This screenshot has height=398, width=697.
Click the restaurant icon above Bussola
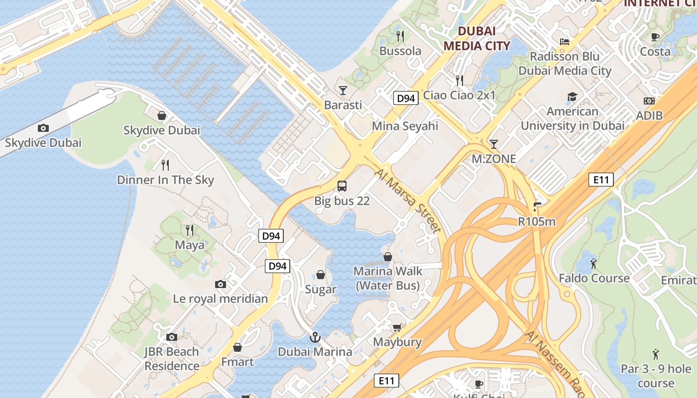click(x=400, y=36)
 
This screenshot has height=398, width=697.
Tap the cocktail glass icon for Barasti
click(x=343, y=90)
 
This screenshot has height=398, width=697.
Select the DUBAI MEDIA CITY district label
click(x=476, y=38)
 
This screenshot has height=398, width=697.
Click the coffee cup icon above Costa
click(x=655, y=37)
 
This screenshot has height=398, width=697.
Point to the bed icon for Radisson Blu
click(x=565, y=41)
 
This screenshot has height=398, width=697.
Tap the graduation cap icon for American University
click(x=572, y=97)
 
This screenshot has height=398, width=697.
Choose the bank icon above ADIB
click(x=649, y=101)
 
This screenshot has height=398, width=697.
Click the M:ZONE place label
click(x=493, y=159)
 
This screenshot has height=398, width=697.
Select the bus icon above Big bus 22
click(x=342, y=186)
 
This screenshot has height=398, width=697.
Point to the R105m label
click(x=537, y=221)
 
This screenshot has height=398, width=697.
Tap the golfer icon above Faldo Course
click(x=593, y=263)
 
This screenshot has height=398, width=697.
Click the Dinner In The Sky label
click(x=165, y=180)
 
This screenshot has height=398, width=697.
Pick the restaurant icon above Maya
click(x=190, y=230)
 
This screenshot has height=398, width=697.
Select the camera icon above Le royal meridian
click(x=221, y=284)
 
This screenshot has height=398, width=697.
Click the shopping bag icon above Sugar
click(x=321, y=275)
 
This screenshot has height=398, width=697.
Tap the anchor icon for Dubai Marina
click(x=315, y=337)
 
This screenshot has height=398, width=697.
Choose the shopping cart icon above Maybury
click(x=397, y=327)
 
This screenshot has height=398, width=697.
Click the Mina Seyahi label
click(x=405, y=126)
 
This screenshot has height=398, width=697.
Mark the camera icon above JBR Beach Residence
click(x=172, y=337)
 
